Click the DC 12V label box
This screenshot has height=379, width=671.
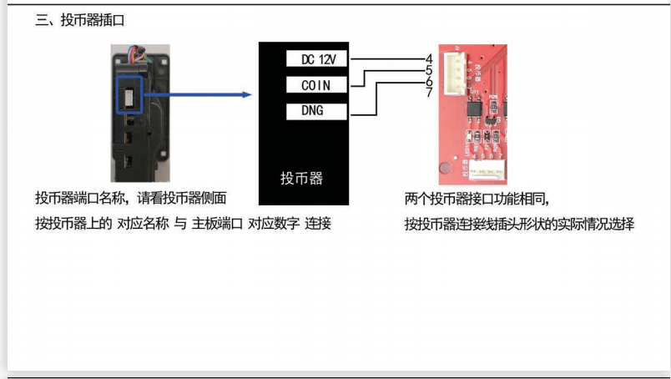(x=317, y=58)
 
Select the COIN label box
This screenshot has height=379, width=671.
(x=317, y=84)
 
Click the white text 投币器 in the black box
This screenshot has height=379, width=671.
(x=301, y=178)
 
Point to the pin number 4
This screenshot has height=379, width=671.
(x=428, y=58)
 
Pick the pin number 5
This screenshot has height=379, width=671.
(x=428, y=70)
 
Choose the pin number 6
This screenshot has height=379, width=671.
(x=428, y=81)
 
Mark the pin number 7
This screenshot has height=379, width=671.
(x=428, y=92)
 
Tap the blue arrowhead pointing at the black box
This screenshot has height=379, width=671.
(x=246, y=94)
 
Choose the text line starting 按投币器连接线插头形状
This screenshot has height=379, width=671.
(x=519, y=224)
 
